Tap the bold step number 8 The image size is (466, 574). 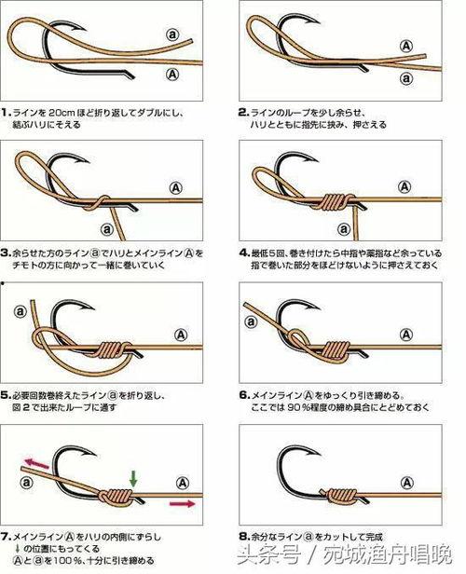tap(243, 537)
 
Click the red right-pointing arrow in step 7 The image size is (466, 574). tap(184, 503)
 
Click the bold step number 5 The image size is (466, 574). tap(6, 392)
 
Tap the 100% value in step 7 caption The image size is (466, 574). tap(67, 562)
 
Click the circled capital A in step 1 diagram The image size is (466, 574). tap(171, 72)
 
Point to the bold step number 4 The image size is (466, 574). tap(243, 252)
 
